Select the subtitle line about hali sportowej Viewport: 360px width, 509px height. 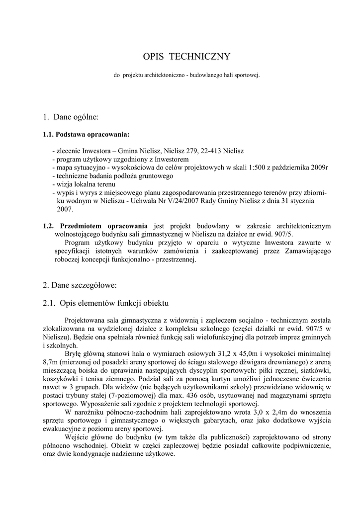(x=187, y=75)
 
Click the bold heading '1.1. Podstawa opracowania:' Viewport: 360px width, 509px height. (x=86, y=134)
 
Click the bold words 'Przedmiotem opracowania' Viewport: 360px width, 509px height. (x=104, y=226)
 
